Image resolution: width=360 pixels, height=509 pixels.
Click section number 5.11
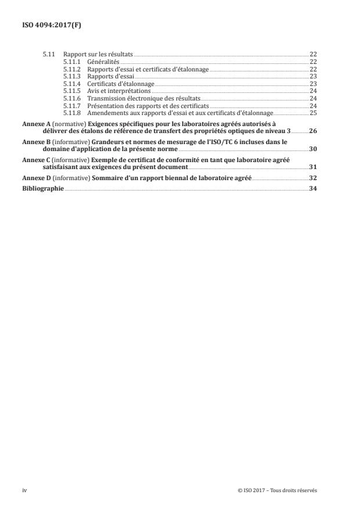tap(48, 53)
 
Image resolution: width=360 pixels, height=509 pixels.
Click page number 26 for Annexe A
tap(313, 131)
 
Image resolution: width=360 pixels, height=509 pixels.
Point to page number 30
tap(313, 149)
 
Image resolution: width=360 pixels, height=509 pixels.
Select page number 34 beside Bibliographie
tap(313, 189)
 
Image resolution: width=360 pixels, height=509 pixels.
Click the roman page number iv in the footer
tap(24, 490)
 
